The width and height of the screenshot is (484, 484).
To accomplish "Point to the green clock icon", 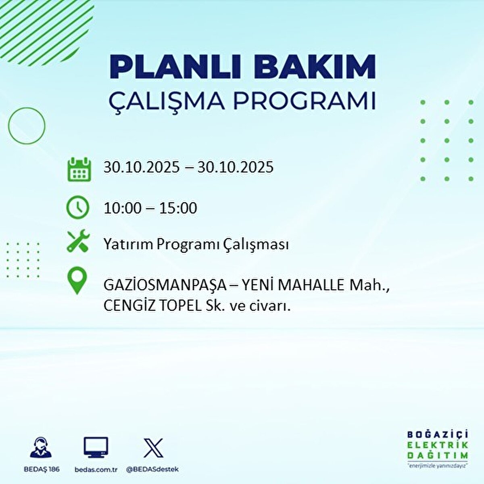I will click(77, 207).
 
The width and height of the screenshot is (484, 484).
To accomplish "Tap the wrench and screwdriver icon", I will click(78, 241).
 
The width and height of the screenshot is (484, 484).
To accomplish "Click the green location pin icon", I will click(77, 281).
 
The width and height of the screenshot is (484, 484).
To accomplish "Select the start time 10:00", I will click(123, 208).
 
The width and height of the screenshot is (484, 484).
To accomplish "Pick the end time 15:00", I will click(178, 208).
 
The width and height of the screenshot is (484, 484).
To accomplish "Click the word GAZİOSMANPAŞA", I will click(165, 286).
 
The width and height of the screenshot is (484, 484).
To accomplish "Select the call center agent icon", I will click(41, 448).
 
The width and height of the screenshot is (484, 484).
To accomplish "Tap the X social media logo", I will click(153, 448).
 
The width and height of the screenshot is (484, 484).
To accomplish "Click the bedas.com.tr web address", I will click(96, 469).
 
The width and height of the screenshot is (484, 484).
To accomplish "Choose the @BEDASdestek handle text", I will click(152, 469).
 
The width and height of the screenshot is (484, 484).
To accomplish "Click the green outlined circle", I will click(27, 125).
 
